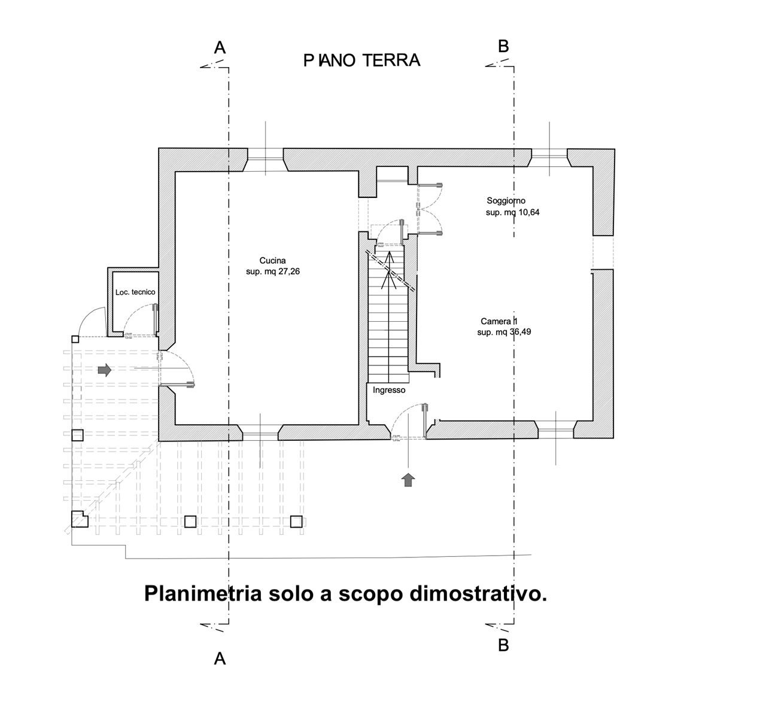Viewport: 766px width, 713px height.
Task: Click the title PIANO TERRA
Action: (362, 60)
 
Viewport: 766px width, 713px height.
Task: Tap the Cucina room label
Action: (273, 261)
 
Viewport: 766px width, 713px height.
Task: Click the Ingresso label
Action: (389, 390)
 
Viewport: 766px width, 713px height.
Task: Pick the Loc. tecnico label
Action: (135, 292)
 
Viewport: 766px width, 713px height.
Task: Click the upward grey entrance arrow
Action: (409, 480)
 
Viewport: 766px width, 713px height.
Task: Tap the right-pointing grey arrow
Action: (104, 370)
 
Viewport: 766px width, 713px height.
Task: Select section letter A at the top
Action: (220, 48)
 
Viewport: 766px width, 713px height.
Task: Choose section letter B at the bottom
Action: (504, 645)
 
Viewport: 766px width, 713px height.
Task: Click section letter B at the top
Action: (504, 47)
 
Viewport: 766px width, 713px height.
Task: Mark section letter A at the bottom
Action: (220, 659)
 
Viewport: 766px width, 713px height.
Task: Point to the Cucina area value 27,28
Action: (288, 272)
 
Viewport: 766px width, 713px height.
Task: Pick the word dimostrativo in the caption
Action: (478, 595)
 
